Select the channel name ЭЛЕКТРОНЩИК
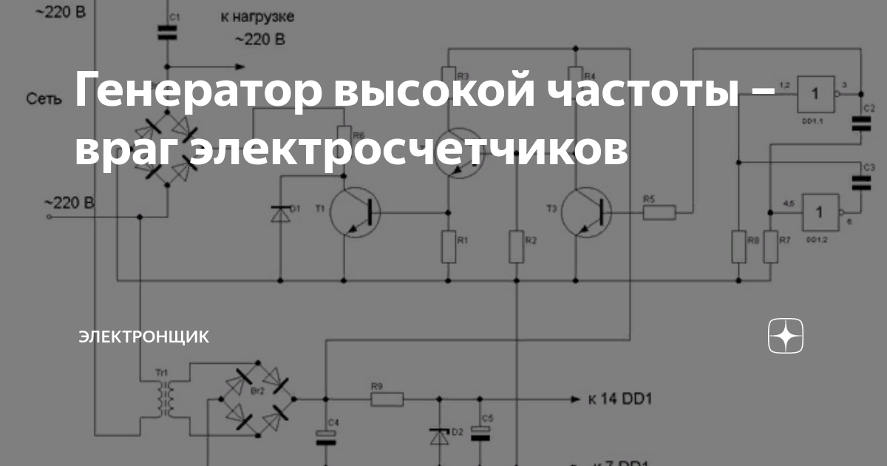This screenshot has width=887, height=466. pyautogui.click(x=144, y=337)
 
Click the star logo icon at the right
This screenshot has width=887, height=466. pyautogui.click(x=785, y=337)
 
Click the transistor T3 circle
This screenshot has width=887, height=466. pyautogui.click(x=586, y=213)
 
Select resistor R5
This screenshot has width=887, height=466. pyautogui.click(x=659, y=213)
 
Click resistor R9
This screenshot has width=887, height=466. pyautogui.click(x=387, y=399)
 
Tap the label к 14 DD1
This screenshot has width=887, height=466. pyautogui.click(x=620, y=400)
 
